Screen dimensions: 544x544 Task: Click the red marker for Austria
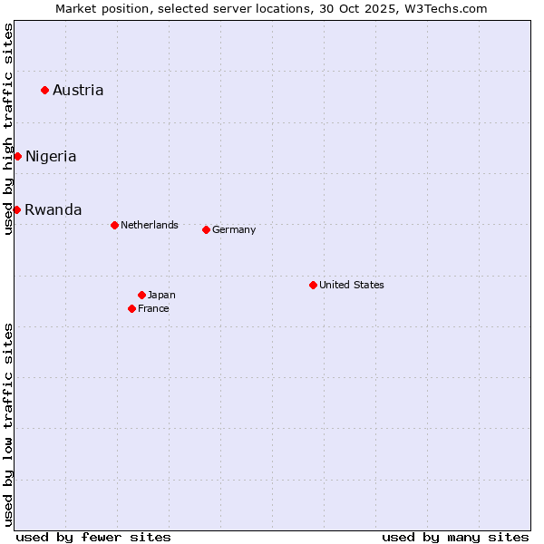[x=44, y=90]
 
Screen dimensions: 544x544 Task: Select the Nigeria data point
[x=17, y=156]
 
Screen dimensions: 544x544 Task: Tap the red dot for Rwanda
[x=16, y=209]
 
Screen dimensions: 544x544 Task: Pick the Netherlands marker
[x=114, y=225]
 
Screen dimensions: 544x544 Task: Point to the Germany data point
[x=206, y=229]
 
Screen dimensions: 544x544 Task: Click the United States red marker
[x=313, y=285]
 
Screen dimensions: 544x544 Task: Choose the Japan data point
[x=141, y=295]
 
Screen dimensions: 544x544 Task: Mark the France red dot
[x=132, y=308]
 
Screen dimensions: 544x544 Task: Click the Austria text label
[x=78, y=90]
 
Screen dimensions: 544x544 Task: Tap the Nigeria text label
[x=51, y=156]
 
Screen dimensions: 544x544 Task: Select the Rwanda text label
[x=53, y=209]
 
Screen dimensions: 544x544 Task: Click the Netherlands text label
[x=150, y=225]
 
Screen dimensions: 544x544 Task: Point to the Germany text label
[x=234, y=229]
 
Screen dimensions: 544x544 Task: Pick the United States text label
[x=352, y=285]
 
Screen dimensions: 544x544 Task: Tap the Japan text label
[x=161, y=295]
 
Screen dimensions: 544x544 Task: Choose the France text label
[x=153, y=308]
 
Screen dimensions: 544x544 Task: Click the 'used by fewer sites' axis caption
[x=93, y=537]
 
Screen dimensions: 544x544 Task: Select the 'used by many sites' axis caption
[x=455, y=537]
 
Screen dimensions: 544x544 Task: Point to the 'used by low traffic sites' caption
[x=9, y=424]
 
